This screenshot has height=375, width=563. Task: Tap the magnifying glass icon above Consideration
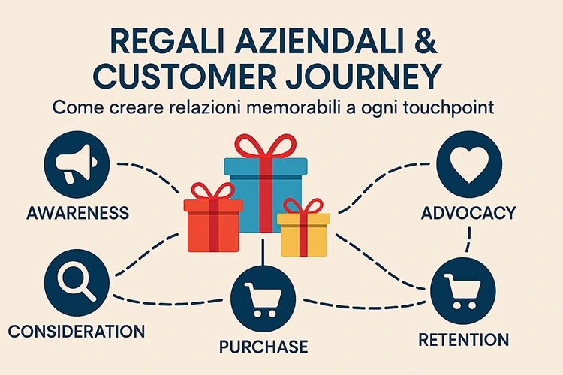click(x=77, y=283)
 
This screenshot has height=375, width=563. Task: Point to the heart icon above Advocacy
click(x=469, y=164)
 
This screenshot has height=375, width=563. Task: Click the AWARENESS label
click(x=77, y=213)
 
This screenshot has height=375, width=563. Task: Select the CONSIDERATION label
click(x=77, y=331)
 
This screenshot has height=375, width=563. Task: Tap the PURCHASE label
click(x=263, y=346)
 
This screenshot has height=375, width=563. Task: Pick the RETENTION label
click(x=464, y=340)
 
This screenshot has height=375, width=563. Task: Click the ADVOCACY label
click(x=468, y=213)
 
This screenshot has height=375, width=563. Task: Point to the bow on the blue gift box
click(x=266, y=145)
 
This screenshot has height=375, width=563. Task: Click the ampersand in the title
click(x=423, y=43)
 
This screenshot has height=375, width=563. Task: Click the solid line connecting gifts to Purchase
click(x=263, y=252)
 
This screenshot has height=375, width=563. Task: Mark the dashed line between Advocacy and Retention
click(x=468, y=239)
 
